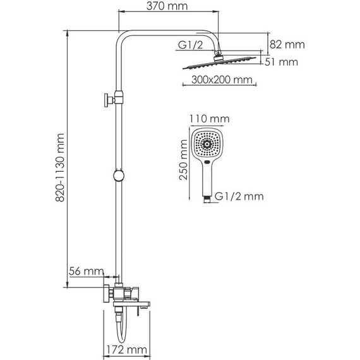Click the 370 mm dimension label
169,7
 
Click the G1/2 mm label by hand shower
239,196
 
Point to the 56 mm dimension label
85,271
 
